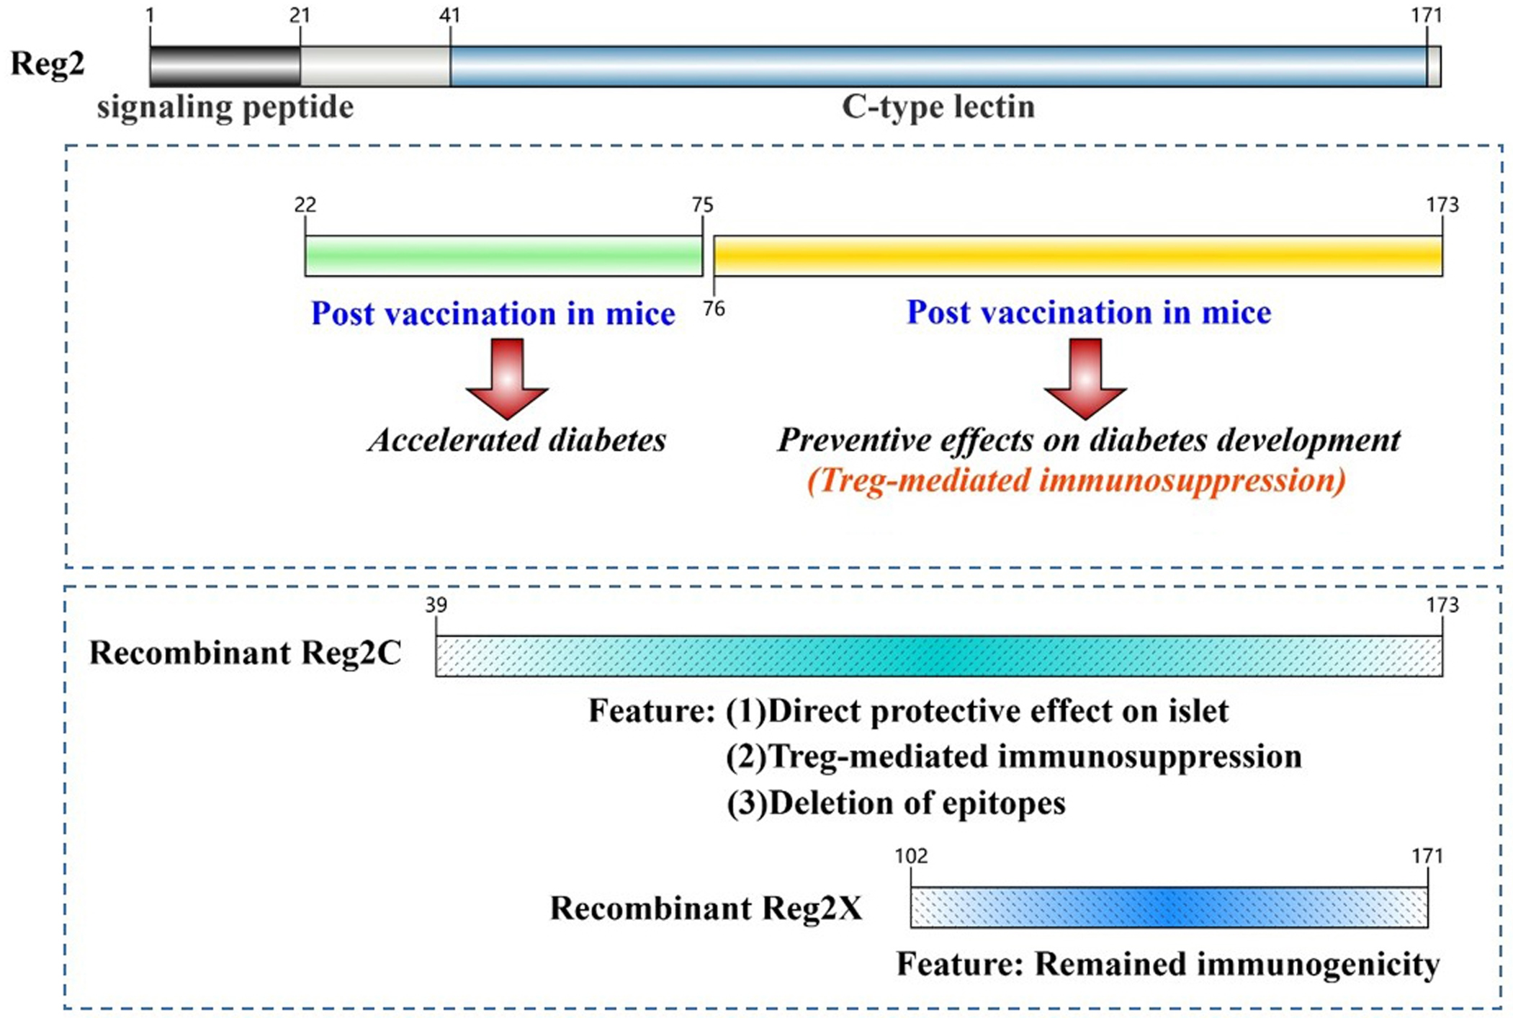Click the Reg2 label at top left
point(48,63)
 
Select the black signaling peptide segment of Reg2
point(225,66)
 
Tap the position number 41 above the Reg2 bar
point(449,15)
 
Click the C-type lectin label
point(938,107)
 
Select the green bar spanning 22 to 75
point(503,256)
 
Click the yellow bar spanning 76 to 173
point(1077,256)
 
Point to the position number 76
point(714,309)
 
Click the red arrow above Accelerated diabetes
point(507,378)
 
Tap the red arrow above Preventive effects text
point(1085,378)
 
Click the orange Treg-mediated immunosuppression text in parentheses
point(1076,481)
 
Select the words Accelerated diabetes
point(517,440)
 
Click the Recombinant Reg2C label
point(245,653)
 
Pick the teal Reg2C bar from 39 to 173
point(938,656)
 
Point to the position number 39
point(436,604)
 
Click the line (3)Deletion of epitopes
point(896,803)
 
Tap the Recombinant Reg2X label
point(706,908)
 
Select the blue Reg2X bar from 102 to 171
point(1168,907)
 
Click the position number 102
point(911,856)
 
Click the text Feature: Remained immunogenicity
point(1167,964)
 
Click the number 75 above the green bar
point(702,205)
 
